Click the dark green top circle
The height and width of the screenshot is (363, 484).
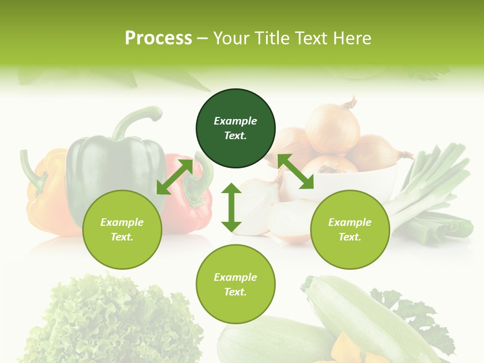coord(235,129)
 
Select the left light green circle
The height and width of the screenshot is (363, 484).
coord(122,229)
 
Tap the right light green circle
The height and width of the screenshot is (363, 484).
coord(350,229)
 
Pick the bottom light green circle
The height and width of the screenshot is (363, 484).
coord(235,284)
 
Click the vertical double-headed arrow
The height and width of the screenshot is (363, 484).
coord(231,207)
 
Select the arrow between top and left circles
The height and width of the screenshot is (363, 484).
coord(174,176)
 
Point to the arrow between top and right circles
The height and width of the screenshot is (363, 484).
coord(295,171)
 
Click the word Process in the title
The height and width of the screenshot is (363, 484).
coord(158,38)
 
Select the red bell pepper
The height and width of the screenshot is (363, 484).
coord(184,202)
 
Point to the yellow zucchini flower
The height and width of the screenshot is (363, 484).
coord(348,348)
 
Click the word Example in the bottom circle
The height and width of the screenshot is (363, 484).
coord(235,277)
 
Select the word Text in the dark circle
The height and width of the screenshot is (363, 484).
coord(235,136)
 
